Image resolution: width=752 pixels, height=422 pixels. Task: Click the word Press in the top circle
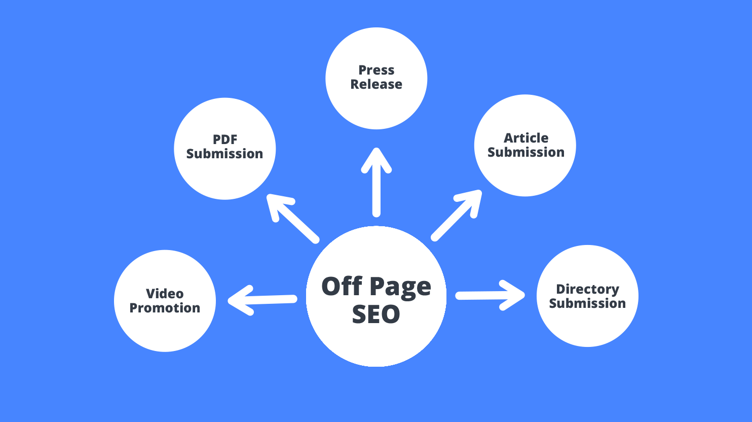point(377,70)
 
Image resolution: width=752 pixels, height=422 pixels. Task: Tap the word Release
point(377,84)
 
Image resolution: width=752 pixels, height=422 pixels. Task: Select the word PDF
point(225,139)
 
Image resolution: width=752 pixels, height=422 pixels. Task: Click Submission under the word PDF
point(224,154)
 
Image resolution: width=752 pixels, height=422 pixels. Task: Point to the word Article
point(526,138)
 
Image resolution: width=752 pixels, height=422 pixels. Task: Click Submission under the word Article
point(526,152)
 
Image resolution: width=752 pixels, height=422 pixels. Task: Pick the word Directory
point(587,289)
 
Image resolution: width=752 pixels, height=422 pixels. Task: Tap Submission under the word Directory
point(587,303)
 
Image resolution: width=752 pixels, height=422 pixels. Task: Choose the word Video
point(165,294)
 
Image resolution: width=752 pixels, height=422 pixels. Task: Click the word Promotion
point(165,308)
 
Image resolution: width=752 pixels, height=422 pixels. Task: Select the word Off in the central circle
point(342,286)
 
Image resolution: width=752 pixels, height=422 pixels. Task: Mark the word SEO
point(376,314)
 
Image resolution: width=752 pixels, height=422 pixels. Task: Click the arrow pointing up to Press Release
point(377,182)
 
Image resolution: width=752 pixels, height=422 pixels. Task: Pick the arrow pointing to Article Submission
point(457,216)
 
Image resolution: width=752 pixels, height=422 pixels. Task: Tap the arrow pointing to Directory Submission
point(490,295)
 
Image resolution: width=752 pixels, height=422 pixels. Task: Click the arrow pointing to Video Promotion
point(262,300)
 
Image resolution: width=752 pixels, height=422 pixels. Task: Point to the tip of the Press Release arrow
point(377,148)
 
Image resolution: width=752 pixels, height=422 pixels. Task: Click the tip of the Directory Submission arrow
point(524,295)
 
